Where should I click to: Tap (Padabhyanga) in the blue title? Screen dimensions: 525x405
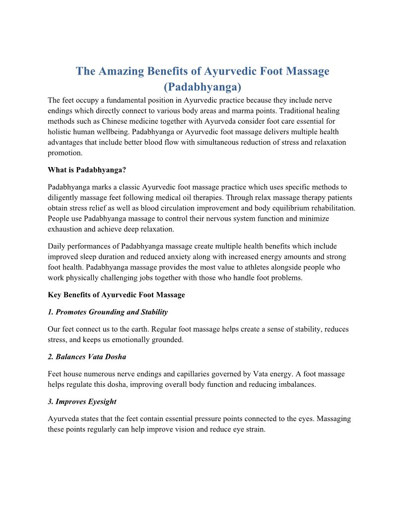202,87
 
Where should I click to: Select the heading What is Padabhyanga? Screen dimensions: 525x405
87,170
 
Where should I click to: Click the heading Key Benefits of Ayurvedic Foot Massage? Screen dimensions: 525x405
116,295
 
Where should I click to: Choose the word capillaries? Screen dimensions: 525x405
180,374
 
